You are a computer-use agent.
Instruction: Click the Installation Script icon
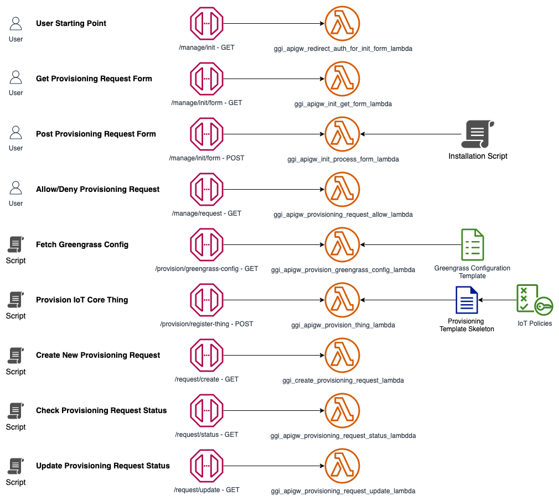(x=478, y=134)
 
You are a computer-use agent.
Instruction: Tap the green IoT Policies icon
(x=535, y=300)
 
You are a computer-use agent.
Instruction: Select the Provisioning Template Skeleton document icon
(x=467, y=300)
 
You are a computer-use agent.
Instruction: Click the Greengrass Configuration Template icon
(x=472, y=244)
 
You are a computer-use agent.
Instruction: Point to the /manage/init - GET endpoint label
(x=207, y=48)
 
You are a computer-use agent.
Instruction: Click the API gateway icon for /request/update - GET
(x=207, y=466)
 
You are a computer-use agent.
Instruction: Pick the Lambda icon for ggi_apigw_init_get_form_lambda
(x=342, y=79)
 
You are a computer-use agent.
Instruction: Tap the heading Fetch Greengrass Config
(x=82, y=244)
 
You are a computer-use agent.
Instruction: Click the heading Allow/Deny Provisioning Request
(x=97, y=189)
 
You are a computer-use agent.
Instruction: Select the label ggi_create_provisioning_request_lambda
(x=343, y=380)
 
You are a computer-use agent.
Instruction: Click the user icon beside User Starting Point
(x=15, y=23)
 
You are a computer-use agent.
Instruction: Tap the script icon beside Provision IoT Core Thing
(x=15, y=300)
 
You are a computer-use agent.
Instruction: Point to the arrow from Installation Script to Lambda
(x=411, y=134)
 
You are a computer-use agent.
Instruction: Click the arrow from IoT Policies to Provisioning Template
(x=497, y=300)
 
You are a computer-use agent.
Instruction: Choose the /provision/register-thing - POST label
(x=207, y=324)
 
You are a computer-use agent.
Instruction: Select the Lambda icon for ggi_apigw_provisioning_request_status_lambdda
(x=342, y=410)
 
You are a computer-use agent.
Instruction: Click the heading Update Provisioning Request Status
(x=103, y=466)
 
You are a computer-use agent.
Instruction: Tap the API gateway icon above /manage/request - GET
(x=207, y=189)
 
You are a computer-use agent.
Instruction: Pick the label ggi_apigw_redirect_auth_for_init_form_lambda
(x=343, y=49)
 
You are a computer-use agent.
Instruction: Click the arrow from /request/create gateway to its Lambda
(x=274, y=356)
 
